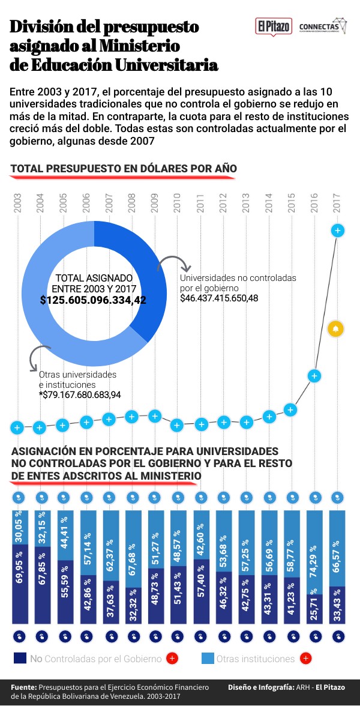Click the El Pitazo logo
[x=274, y=26]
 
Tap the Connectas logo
[x=322, y=26]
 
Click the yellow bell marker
[x=335, y=329]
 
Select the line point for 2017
[x=337, y=231]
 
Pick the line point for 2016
[x=315, y=376]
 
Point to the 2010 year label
[x=178, y=203]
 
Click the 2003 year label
[x=17, y=203]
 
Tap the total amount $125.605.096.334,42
[x=93, y=300]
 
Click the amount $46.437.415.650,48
[x=219, y=298]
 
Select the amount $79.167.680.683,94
[x=80, y=395]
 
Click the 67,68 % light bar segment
[x=134, y=549]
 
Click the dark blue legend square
[x=20, y=658]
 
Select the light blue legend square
[x=208, y=658]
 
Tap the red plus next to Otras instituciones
[x=305, y=658]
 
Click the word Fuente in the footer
[x=23, y=687]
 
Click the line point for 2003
[x=17, y=427]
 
